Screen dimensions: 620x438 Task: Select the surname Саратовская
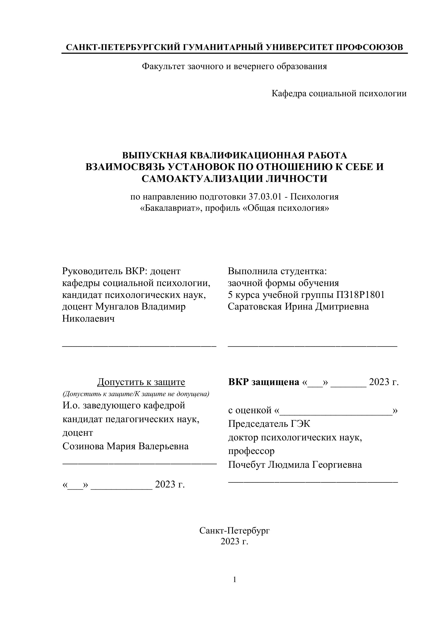pyautogui.click(x=254, y=307)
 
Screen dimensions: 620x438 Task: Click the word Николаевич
pyautogui.click(x=88, y=319)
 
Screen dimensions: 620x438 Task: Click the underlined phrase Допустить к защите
pyautogui.click(x=141, y=382)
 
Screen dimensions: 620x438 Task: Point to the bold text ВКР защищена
pyautogui.click(x=264, y=382)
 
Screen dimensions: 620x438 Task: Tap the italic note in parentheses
pyautogui.click(x=136, y=394)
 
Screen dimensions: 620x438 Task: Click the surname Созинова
pyautogui.click(x=83, y=446)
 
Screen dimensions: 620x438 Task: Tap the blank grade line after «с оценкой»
pyautogui.click(x=336, y=411)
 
